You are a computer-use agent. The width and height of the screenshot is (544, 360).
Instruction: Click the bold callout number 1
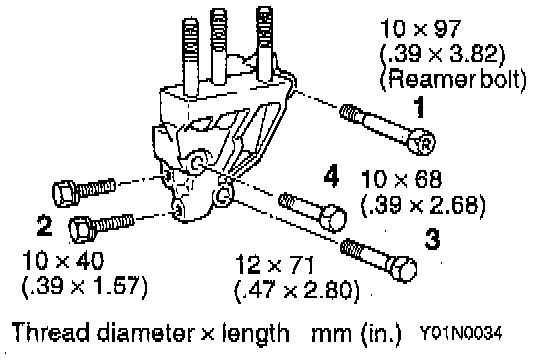tap(419, 107)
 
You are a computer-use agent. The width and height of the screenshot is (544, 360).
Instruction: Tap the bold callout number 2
tap(45, 225)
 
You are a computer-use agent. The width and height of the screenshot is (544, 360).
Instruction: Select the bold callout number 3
tap(432, 239)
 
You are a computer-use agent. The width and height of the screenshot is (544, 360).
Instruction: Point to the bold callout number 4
tap(331, 177)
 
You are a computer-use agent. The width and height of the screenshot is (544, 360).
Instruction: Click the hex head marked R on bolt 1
tap(421, 141)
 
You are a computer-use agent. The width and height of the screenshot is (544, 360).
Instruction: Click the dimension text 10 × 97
tap(420, 28)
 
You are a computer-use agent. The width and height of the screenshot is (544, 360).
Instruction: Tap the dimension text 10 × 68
tap(401, 179)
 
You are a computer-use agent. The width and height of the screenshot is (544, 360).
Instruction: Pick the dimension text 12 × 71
tap(274, 264)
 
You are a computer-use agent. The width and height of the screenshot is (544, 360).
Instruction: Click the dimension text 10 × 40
tap(63, 260)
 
